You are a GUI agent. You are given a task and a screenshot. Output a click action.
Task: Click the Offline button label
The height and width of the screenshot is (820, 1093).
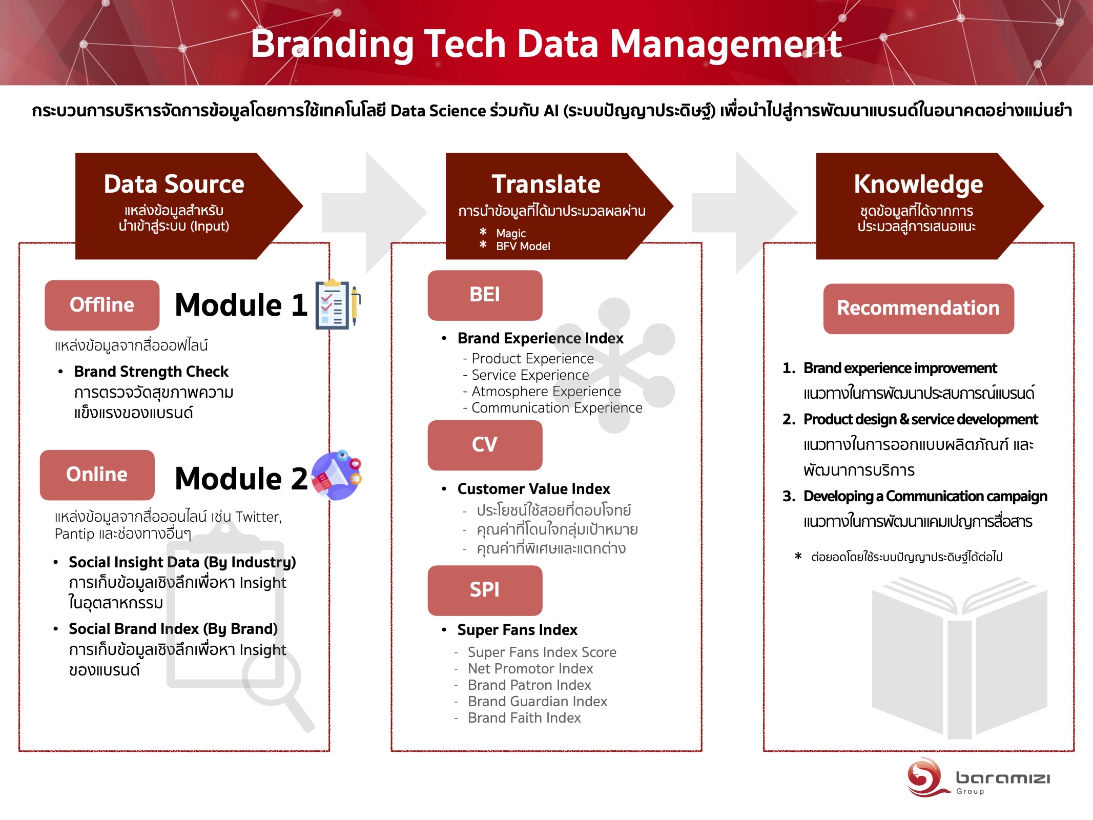click(x=102, y=304)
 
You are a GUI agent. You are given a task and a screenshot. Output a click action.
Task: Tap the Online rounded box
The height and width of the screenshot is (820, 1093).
click(x=97, y=475)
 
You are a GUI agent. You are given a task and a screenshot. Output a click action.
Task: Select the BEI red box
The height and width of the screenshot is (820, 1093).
click(x=485, y=295)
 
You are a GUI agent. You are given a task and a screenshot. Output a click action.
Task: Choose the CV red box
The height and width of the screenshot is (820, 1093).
click(x=485, y=445)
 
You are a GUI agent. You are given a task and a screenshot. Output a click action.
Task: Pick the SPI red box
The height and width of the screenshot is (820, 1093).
click(x=485, y=590)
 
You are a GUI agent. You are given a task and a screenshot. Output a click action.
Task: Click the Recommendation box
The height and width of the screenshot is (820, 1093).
click(x=918, y=309)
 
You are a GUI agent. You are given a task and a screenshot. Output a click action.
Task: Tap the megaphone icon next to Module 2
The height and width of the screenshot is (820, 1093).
click(x=337, y=475)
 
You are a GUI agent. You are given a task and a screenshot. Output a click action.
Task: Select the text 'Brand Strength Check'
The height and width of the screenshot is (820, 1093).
click(x=151, y=371)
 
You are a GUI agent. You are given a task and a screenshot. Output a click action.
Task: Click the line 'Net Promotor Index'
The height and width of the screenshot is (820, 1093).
click(x=530, y=668)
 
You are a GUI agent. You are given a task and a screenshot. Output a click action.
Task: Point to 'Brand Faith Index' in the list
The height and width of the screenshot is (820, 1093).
click(x=524, y=717)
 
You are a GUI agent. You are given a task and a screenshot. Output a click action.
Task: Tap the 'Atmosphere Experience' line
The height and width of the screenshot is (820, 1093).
click(x=546, y=391)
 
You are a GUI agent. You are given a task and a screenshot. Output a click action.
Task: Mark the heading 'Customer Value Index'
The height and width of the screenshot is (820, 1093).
click(x=534, y=488)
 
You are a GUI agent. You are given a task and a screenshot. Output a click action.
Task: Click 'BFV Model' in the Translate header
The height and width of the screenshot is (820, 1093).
click(x=523, y=246)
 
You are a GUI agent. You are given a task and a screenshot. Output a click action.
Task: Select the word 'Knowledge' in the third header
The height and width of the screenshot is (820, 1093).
click(x=918, y=184)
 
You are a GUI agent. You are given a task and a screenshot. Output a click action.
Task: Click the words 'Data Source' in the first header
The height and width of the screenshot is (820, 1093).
click(x=174, y=184)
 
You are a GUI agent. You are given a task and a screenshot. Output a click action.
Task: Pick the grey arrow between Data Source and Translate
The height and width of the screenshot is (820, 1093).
click(x=374, y=213)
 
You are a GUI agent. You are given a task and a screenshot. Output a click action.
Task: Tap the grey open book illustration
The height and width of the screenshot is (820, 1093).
click(x=959, y=658)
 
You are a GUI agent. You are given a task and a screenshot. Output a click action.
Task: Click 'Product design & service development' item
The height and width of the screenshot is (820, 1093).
click(x=920, y=419)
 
